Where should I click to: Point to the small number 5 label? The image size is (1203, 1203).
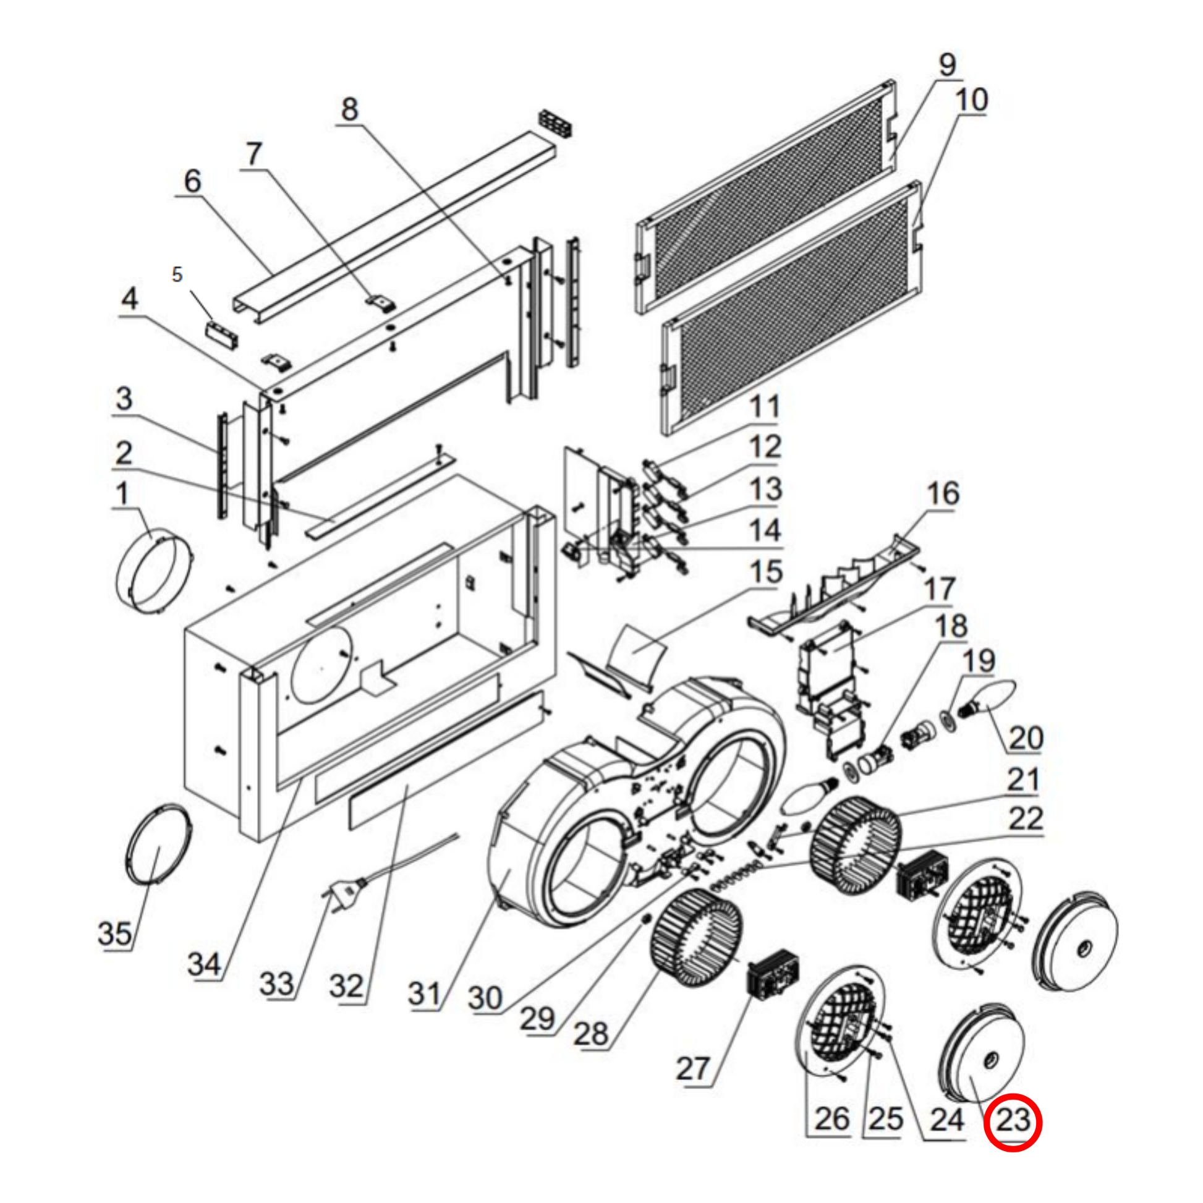coord(177,274)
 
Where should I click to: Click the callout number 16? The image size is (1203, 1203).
coord(943,494)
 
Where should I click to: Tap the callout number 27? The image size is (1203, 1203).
coord(693,1068)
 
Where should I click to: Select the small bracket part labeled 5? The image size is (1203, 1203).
coord(222,335)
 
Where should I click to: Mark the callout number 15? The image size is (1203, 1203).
coord(766,572)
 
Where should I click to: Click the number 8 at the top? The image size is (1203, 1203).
coord(350,109)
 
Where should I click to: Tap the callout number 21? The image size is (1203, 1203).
coord(1024,780)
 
